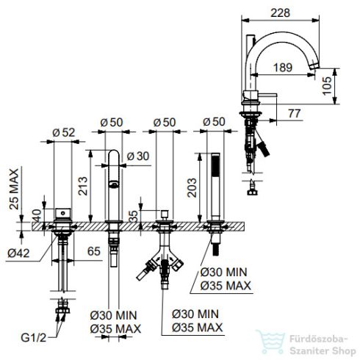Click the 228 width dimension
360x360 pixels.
tap(280, 12)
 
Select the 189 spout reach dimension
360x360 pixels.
tap(283, 68)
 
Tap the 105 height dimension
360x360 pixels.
tap(328, 86)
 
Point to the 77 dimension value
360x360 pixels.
tap(295, 113)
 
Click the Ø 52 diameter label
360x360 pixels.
tap(63, 132)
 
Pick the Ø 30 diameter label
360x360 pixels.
tap(138, 156)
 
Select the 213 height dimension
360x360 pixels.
tap(83, 186)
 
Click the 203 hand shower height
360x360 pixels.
tap(192, 188)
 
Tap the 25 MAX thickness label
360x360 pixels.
tap(14, 189)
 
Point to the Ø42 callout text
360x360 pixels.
tap(18, 253)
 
